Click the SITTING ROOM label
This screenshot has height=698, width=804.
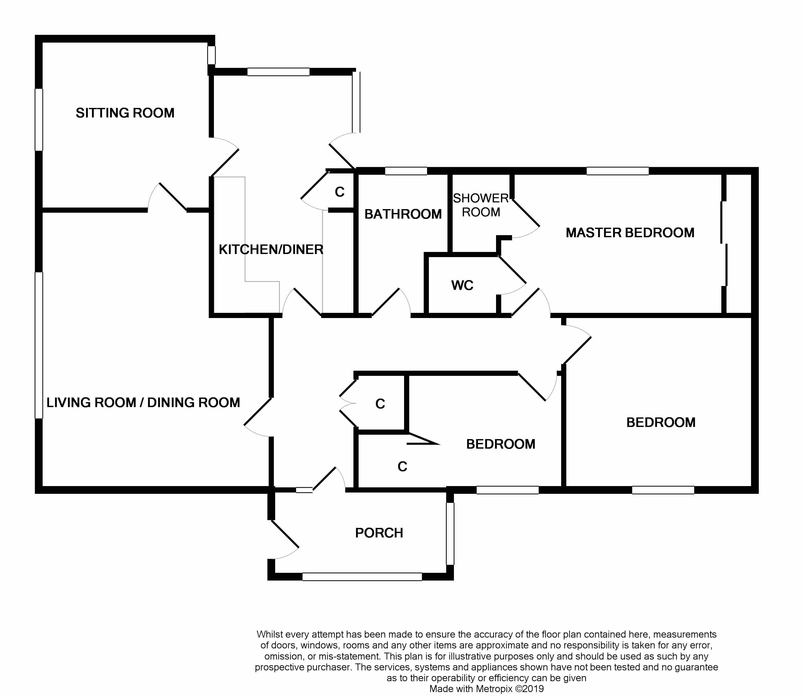[125, 113]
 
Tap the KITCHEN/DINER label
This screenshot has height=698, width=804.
[271, 250]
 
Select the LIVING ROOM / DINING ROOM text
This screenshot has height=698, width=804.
[143, 402]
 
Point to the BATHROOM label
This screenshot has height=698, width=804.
[403, 214]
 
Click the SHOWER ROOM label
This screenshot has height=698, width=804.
[481, 205]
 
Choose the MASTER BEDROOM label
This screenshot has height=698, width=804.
[630, 233]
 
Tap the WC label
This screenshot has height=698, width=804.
[462, 285]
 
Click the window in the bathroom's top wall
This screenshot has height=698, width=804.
[406, 171]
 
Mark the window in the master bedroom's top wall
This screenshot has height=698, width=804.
[618, 171]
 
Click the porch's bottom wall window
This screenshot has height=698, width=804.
[362, 576]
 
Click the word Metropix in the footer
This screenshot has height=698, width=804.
[492, 689]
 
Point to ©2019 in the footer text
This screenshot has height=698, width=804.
[530, 689]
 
